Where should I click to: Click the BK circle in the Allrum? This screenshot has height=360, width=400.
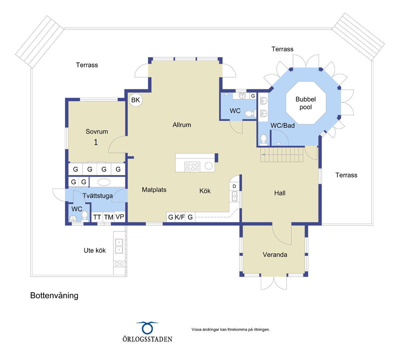(x=136, y=100)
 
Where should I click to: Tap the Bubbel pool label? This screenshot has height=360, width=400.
(x=305, y=103)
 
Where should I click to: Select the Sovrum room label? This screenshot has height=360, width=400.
(x=97, y=132)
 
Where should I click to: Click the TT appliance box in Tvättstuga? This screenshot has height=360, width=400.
(x=97, y=217)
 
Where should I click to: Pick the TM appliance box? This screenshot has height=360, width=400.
(x=108, y=217)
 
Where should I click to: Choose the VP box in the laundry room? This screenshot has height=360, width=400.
(x=120, y=216)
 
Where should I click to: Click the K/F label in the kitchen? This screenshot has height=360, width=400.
(x=180, y=217)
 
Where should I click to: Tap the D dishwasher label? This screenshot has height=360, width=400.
(x=234, y=186)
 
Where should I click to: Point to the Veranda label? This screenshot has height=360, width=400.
(x=275, y=255)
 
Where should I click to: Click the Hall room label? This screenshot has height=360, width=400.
(x=280, y=193)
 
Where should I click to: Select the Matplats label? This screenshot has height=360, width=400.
(x=154, y=190)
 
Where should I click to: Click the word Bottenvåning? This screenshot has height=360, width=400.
(x=54, y=296)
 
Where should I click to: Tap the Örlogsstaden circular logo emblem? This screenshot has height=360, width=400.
(x=147, y=328)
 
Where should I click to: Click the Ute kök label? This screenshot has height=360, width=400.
(x=95, y=251)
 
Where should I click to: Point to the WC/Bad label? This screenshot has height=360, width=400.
(x=282, y=126)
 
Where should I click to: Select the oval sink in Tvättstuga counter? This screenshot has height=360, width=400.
(x=104, y=182)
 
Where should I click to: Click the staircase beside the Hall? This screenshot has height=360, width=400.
(x=282, y=155)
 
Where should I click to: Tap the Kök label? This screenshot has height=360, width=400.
(x=205, y=191)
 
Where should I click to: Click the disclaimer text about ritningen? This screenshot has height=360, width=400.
(x=231, y=329)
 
